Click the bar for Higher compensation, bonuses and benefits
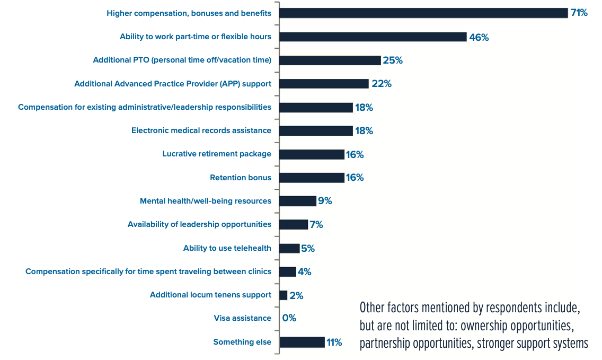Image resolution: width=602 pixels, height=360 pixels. (x=423, y=13)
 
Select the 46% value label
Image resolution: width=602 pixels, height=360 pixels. (x=479, y=37)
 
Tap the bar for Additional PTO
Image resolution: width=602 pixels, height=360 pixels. (x=330, y=60)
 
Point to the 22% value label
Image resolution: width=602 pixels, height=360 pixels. (x=381, y=84)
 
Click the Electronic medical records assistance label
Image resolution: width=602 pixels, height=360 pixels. (x=201, y=130)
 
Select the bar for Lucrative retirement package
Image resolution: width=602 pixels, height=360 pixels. (x=312, y=154)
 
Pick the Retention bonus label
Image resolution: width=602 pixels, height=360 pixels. (x=240, y=178)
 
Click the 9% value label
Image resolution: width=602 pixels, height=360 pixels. (x=324, y=201)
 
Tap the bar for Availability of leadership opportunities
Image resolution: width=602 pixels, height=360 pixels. (x=294, y=225)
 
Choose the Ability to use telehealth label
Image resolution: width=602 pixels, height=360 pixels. (x=227, y=248)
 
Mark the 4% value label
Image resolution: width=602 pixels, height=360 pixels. (x=304, y=272)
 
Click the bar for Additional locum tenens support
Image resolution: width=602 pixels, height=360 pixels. (x=284, y=295)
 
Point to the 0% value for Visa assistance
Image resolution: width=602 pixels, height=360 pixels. (x=289, y=319)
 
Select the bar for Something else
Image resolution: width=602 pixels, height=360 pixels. (x=302, y=342)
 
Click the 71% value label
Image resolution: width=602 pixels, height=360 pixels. (x=579, y=13)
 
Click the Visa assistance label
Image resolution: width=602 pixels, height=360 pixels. (x=242, y=319)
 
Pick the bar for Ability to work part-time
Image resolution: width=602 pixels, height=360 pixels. (x=373, y=37)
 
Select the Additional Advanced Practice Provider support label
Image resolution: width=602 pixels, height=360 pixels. (x=172, y=84)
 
